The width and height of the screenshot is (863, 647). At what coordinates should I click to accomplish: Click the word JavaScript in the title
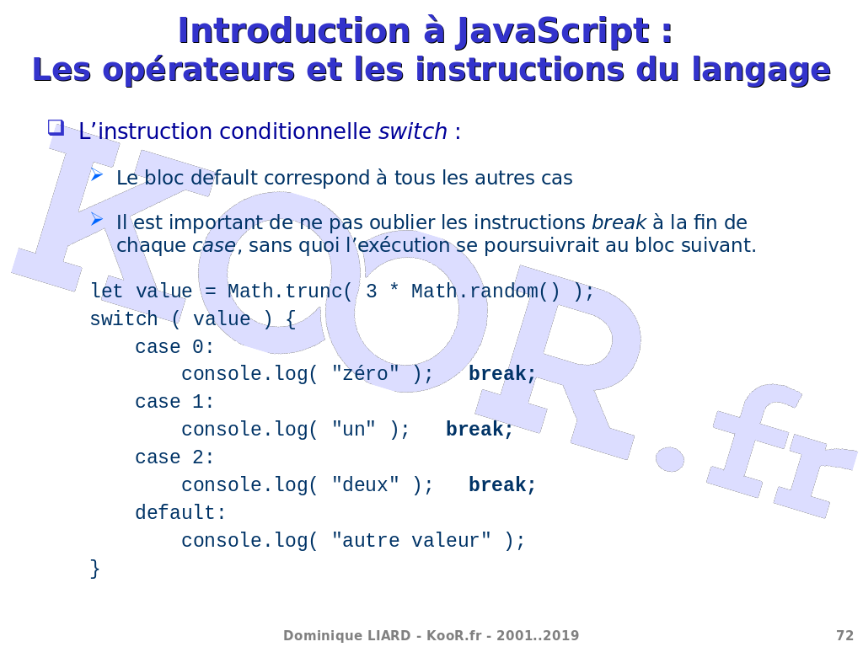point(553,32)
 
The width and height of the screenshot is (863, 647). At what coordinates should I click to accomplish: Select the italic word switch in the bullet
point(413,131)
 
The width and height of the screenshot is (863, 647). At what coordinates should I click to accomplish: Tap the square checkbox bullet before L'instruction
point(56,128)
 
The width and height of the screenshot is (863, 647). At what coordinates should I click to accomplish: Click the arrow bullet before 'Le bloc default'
point(97,175)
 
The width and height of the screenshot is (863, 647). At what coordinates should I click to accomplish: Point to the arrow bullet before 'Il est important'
point(97,219)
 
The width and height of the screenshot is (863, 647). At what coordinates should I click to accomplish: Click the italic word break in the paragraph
point(619,222)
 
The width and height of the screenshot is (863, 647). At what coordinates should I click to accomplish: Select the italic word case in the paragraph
point(214,245)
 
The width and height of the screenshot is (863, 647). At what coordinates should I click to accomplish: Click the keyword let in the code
point(107,291)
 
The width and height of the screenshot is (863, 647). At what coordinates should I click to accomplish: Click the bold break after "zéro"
point(502,373)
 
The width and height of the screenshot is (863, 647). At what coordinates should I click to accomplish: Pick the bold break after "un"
point(480,429)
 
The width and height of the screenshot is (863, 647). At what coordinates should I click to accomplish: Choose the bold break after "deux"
point(502,484)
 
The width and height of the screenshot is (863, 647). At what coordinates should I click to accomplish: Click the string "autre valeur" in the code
point(411,540)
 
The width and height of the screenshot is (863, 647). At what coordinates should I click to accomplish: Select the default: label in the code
point(180,513)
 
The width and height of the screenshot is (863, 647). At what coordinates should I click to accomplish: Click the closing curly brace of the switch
point(95,569)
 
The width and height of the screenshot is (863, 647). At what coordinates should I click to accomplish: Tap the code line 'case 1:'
point(174,402)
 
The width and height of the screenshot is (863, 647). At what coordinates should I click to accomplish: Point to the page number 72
point(844,635)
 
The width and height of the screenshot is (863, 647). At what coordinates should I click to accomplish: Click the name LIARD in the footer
point(387,635)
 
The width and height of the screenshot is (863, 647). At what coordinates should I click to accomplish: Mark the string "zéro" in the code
point(366,373)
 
